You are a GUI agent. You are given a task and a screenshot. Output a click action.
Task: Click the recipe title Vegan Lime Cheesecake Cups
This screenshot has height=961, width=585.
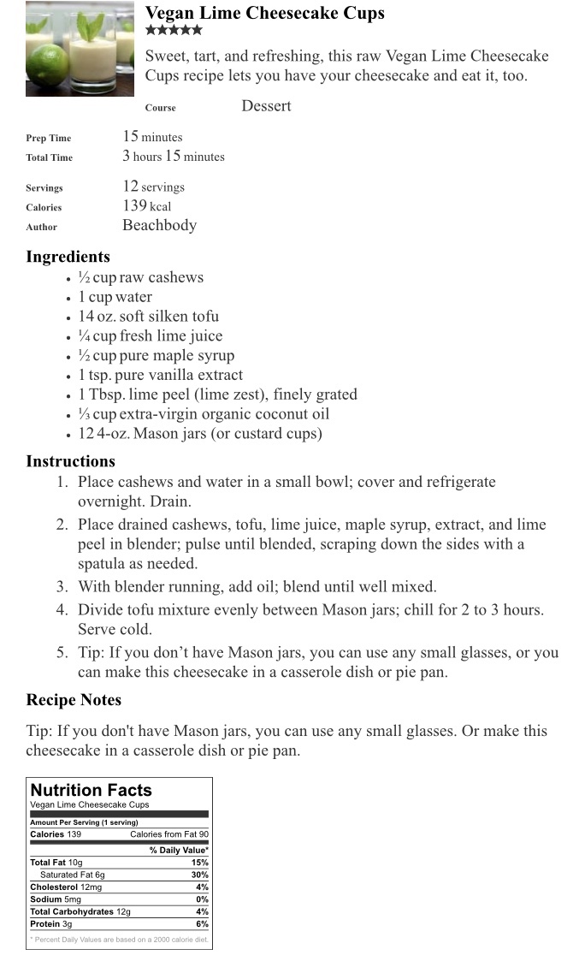(264, 14)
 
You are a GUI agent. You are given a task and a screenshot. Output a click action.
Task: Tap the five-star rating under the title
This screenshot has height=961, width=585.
(174, 31)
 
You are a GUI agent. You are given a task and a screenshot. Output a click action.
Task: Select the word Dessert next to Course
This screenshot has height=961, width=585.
(266, 106)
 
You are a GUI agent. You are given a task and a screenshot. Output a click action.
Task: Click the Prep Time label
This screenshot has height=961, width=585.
(49, 138)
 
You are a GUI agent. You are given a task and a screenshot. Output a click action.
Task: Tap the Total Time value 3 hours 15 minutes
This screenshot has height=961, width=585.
(174, 157)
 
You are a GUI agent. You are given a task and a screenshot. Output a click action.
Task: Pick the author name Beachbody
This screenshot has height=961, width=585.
(159, 226)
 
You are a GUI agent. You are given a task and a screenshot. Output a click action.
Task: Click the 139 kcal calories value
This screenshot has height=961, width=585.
(147, 206)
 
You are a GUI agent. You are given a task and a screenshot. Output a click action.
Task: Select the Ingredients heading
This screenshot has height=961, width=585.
(68, 257)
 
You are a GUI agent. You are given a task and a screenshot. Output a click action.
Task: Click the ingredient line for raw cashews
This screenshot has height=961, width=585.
(141, 277)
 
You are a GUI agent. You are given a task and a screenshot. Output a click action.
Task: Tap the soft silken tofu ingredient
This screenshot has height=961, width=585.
(148, 317)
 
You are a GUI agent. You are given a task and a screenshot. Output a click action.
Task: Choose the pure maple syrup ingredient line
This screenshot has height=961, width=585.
(156, 356)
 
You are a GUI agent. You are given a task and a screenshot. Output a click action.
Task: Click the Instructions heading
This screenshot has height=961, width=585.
(70, 461)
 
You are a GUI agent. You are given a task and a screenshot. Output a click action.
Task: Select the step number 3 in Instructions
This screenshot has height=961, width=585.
(62, 587)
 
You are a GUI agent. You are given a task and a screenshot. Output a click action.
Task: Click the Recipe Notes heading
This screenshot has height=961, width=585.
(74, 700)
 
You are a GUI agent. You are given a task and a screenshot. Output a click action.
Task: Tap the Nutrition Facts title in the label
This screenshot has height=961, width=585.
(91, 790)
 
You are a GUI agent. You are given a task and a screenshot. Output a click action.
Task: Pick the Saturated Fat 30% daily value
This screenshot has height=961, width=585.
(200, 875)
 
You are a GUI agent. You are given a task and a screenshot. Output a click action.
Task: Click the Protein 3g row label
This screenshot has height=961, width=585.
(51, 924)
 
